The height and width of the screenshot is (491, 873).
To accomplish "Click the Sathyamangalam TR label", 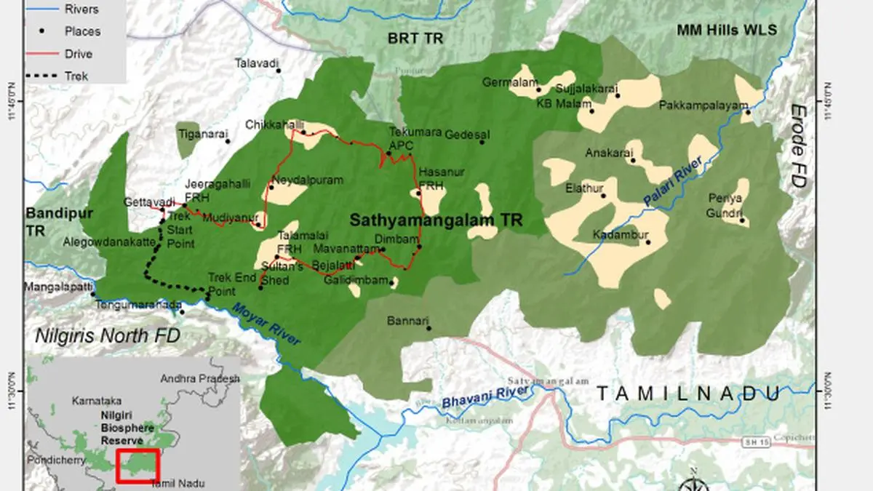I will tap(436, 220).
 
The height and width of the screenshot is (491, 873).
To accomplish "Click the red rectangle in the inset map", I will tap(137, 466).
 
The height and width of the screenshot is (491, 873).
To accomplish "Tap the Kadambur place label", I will tap(617, 234).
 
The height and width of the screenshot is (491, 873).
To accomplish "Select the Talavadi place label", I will tap(256, 64).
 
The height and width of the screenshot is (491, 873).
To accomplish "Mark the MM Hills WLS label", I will tap(727, 31).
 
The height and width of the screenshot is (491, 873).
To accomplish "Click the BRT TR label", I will tap(415, 38).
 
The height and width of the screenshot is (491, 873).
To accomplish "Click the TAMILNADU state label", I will tap(688, 394).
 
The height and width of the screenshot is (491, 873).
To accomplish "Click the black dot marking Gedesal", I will tap(482, 142).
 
